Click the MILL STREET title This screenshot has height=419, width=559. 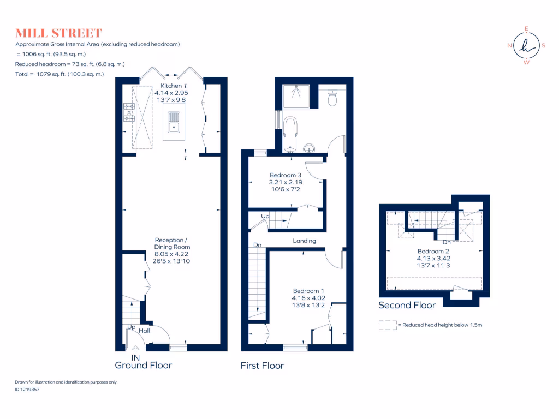(x=58, y=33)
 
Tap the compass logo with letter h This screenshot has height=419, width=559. (x=526, y=46)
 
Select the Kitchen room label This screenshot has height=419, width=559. (x=171, y=86)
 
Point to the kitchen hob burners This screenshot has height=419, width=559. (x=129, y=112)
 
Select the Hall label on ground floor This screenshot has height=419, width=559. (x=144, y=331)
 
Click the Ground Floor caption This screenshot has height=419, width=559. (x=144, y=365)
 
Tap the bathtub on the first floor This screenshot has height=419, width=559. (x=290, y=133)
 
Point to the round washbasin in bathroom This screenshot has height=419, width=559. (x=310, y=147)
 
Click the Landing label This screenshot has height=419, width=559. (x=304, y=241)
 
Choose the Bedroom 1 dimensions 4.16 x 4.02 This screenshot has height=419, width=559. (x=309, y=298)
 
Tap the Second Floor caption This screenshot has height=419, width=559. (x=407, y=306)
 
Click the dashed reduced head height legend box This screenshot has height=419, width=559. (x=387, y=325)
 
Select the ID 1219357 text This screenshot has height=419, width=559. (x=27, y=390)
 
